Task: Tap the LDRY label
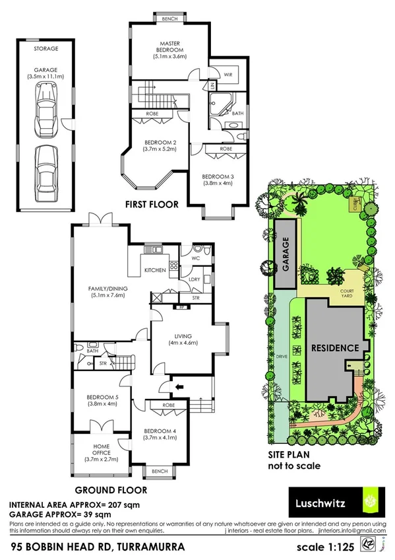point(195,281)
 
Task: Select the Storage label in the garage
point(46,48)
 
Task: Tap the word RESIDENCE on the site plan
point(334,348)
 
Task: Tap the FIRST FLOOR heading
point(152,205)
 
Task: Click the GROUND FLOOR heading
point(110,491)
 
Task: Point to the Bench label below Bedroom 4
point(159,471)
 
